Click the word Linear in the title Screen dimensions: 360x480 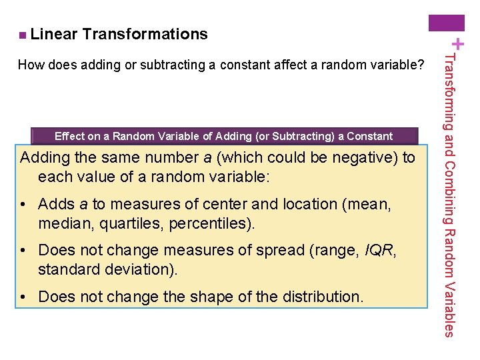coord(54,34)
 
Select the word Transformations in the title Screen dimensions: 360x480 coord(145,34)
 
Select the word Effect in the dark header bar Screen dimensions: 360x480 coord(70,137)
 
